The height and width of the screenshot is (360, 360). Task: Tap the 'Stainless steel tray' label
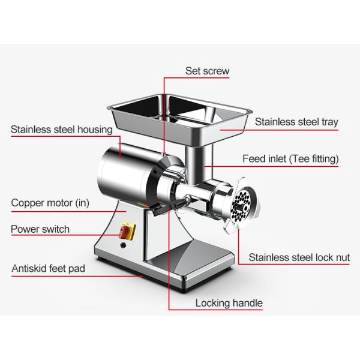[x=296, y=122]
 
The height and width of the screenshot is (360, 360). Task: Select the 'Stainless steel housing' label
[x=61, y=129]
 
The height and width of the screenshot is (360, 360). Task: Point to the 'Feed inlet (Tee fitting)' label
[x=290, y=159]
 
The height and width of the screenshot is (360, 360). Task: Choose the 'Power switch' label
[x=40, y=229]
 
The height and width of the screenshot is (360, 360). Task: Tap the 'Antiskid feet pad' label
[x=48, y=268]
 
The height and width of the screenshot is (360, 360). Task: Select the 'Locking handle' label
[x=229, y=302]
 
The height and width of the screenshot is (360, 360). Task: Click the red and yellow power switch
[x=128, y=230]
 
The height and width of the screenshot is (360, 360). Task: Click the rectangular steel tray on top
[x=179, y=114]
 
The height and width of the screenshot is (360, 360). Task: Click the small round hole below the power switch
[x=124, y=244]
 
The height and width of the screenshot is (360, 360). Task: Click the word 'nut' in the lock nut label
[x=342, y=257]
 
